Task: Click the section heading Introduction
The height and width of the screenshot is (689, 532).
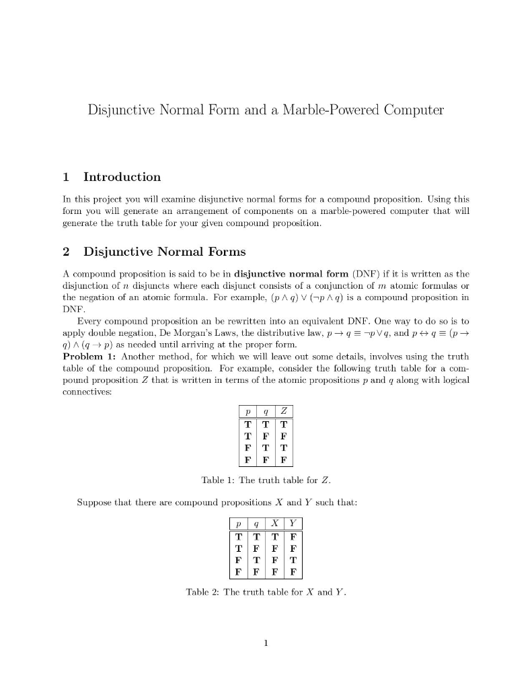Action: pos(122,177)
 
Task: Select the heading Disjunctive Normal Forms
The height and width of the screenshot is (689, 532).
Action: pos(164,252)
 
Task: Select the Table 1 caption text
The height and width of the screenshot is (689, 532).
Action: pos(266,480)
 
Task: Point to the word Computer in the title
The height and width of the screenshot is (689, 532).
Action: pos(411,110)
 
